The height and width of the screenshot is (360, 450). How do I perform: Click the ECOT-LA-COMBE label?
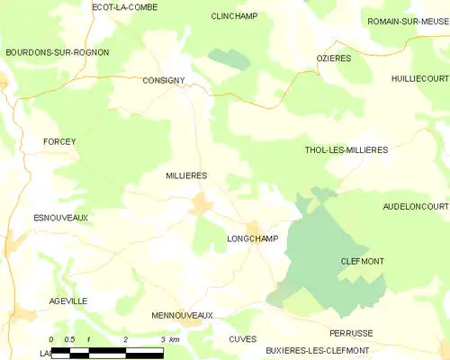[x=124, y=7]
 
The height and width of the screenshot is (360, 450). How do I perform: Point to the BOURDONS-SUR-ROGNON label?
[x=57, y=52]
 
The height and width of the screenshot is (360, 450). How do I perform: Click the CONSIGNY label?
[x=164, y=80]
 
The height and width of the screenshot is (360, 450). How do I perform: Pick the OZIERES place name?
[x=334, y=58]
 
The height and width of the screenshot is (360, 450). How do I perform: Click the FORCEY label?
[x=60, y=141]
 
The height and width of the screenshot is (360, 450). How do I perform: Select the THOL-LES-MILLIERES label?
[x=346, y=150]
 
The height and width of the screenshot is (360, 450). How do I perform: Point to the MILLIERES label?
[x=186, y=175]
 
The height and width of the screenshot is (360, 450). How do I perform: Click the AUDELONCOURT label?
[x=415, y=206]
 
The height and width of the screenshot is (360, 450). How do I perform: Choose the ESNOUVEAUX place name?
[x=59, y=218]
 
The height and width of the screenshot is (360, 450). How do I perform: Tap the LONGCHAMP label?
[x=253, y=238]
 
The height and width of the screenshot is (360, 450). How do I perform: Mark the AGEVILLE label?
[x=69, y=301]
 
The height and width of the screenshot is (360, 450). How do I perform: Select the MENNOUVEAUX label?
[x=182, y=316]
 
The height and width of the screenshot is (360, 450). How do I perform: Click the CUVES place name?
[x=243, y=338]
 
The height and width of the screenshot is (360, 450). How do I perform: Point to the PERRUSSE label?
[x=351, y=333]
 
